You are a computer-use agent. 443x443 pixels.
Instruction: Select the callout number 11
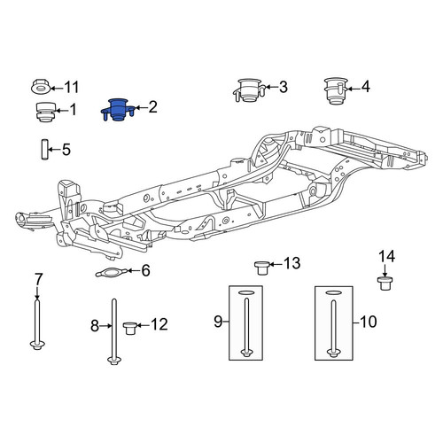click(x=72, y=88)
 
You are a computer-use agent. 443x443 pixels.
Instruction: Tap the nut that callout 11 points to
click(x=41, y=86)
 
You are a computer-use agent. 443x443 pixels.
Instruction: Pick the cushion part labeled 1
click(x=45, y=112)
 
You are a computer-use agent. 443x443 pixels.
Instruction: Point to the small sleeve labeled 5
click(x=44, y=150)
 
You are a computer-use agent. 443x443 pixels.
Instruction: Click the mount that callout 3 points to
click(x=248, y=90)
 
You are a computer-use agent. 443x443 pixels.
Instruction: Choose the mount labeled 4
click(x=336, y=91)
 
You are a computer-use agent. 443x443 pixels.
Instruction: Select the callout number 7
click(x=39, y=279)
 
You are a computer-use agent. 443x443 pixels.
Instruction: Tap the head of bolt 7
click(x=37, y=345)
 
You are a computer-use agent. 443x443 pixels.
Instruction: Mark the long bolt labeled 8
click(x=113, y=331)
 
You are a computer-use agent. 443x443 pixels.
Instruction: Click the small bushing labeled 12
click(x=129, y=329)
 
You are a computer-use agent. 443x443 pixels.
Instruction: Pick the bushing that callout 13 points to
click(x=261, y=268)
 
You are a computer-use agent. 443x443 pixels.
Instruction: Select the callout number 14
click(x=386, y=257)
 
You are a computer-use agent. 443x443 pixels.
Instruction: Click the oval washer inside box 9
click(x=246, y=292)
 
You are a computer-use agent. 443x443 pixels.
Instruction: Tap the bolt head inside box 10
click(x=333, y=354)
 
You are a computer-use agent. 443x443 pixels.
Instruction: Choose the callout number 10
click(x=369, y=322)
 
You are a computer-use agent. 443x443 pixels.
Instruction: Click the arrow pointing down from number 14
click(x=385, y=271)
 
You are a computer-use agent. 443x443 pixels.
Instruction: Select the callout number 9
click(x=218, y=321)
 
